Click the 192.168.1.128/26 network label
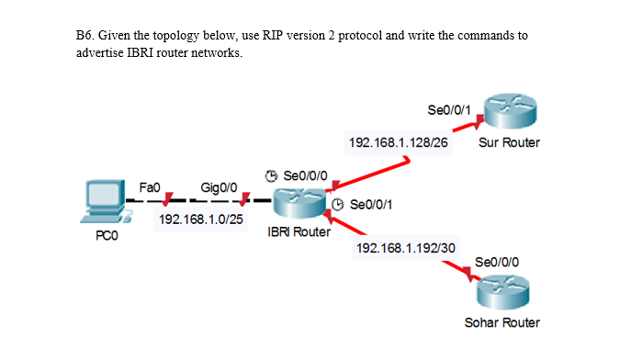[x=394, y=143]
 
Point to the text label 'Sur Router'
[x=509, y=143]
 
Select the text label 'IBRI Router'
[x=298, y=232]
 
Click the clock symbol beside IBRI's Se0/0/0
[x=271, y=175]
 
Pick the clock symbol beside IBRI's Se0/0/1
[x=337, y=205]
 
